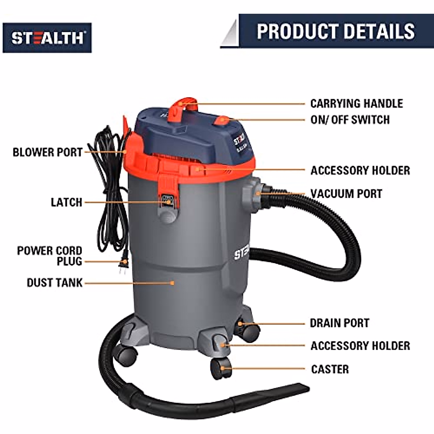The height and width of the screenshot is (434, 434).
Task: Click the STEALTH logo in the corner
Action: click(x=47, y=38)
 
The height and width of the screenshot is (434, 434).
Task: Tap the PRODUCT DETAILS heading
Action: click(x=336, y=31)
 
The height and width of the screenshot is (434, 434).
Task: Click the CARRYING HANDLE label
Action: click(x=357, y=103)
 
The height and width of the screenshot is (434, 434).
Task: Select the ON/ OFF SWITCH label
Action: click(x=350, y=120)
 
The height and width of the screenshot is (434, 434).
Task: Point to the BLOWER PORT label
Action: click(x=47, y=152)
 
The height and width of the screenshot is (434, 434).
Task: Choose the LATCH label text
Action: click(x=67, y=202)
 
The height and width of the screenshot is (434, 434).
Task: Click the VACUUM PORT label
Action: click(x=346, y=193)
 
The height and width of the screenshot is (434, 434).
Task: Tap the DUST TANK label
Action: click(x=55, y=282)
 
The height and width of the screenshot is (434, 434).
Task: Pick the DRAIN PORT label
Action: click(x=340, y=323)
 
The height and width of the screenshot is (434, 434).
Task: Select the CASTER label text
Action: click(x=330, y=369)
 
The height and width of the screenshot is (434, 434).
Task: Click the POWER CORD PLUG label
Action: click(x=50, y=256)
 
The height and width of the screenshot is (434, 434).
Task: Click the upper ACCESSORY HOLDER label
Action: click(x=360, y=170)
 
